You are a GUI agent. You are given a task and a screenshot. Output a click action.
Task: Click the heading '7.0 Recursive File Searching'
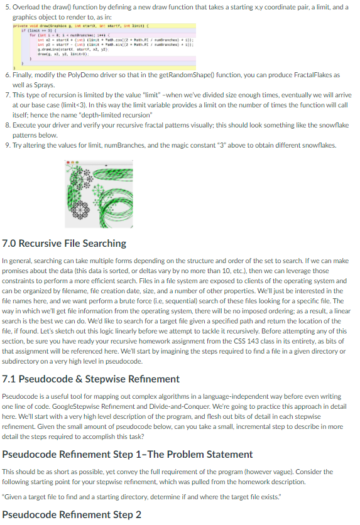click(65, 243)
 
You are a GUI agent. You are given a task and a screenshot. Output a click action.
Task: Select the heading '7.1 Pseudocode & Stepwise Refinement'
click(91, 379)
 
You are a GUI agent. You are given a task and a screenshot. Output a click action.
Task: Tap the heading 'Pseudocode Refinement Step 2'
click(72, 515)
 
